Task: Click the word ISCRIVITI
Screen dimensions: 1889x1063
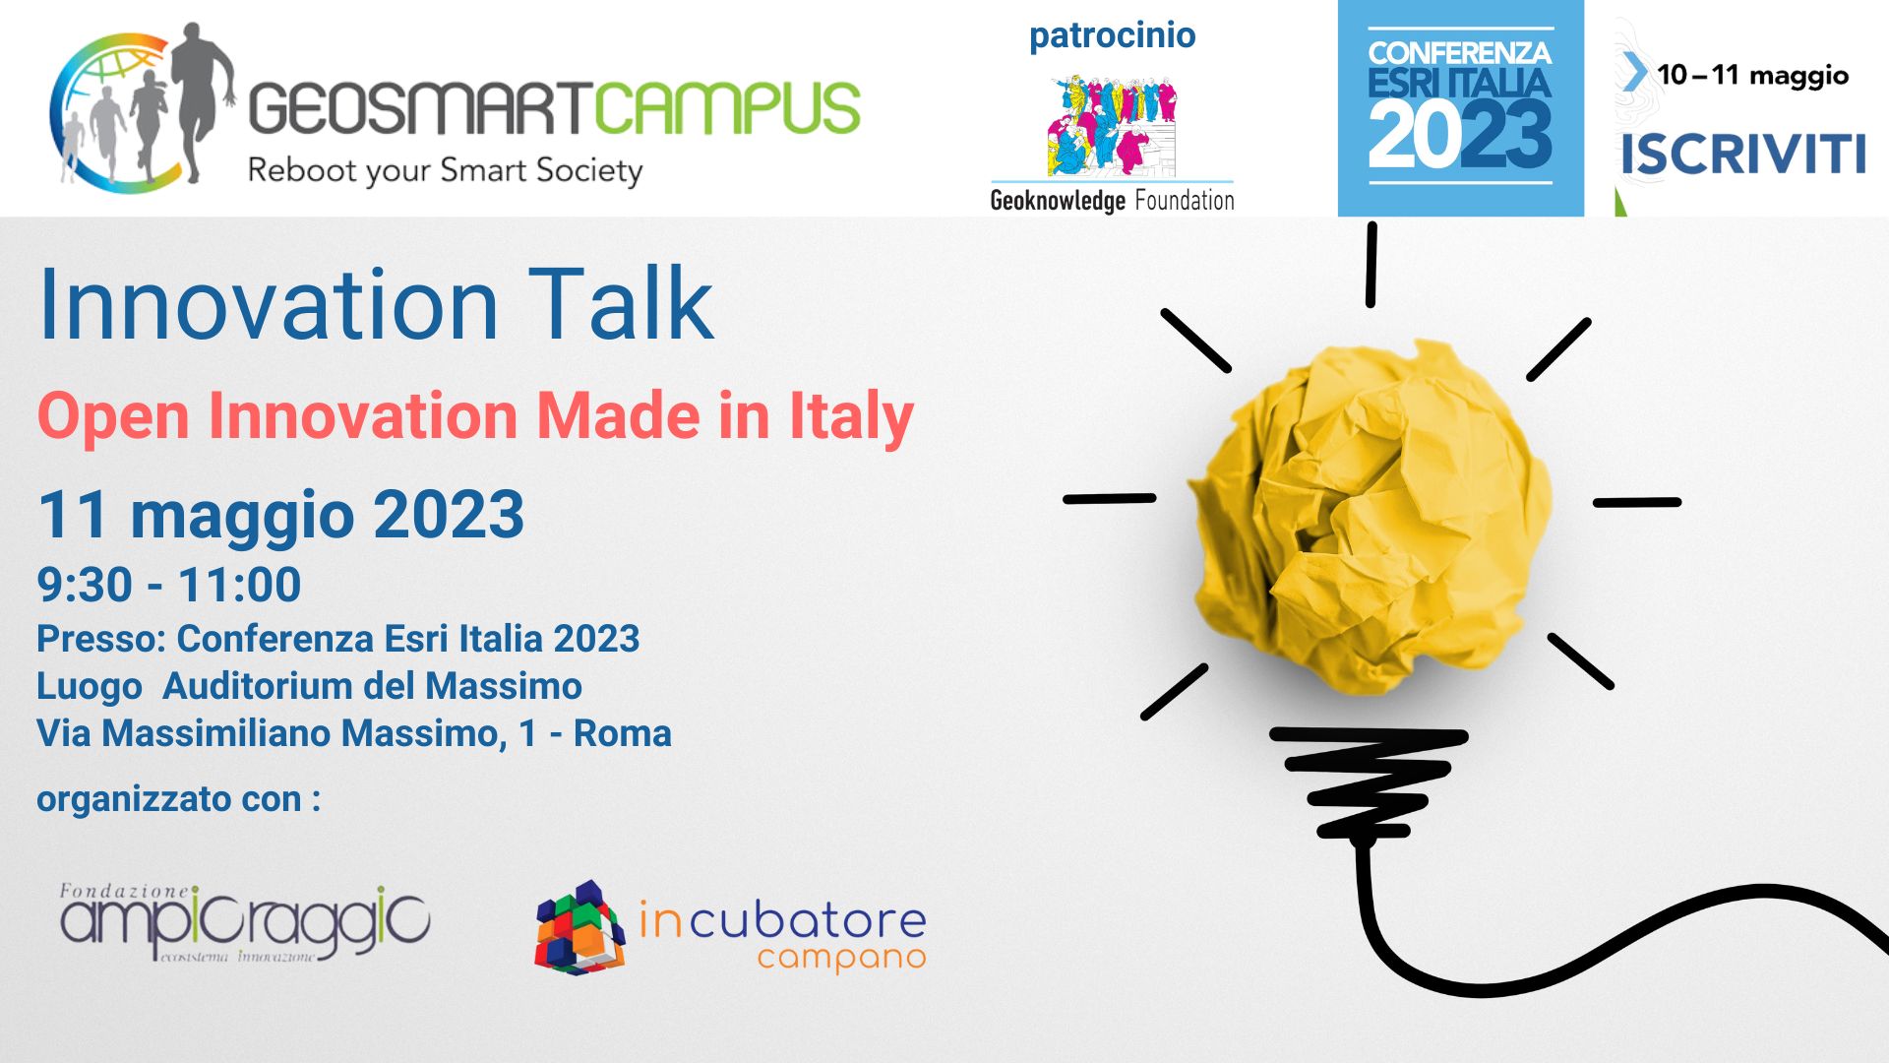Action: [x=1742, y=155]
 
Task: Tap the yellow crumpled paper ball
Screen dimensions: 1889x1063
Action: [x=1371, y=518]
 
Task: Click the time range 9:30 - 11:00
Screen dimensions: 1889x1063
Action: [x=169, y=585]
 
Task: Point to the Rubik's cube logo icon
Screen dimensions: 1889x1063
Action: [x=579, y=927]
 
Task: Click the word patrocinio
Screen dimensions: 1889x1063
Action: [x=1112, y=35]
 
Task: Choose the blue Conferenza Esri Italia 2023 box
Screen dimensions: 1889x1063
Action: [x=1461, y=108]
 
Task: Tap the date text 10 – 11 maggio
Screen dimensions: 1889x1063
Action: [x=1752, y=75]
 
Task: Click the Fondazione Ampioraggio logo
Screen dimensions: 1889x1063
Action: [x=245, y=923]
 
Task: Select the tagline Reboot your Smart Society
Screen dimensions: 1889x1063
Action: [x=445, y=170]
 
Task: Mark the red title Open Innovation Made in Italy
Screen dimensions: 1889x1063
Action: [x=475, y=416]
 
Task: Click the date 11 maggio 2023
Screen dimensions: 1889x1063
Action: [x=280, y=515]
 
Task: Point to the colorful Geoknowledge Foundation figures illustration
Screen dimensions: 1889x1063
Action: [x=1112, y=124]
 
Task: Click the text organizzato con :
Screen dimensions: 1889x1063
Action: [x=178, y=798]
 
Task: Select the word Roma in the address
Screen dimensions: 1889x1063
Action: [x=622, y=733]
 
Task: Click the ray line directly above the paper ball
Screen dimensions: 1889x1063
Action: [x=1371, y=264]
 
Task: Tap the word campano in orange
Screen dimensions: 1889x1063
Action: [x=841, y=959]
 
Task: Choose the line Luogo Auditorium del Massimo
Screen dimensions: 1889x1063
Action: [x=309, y=686]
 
